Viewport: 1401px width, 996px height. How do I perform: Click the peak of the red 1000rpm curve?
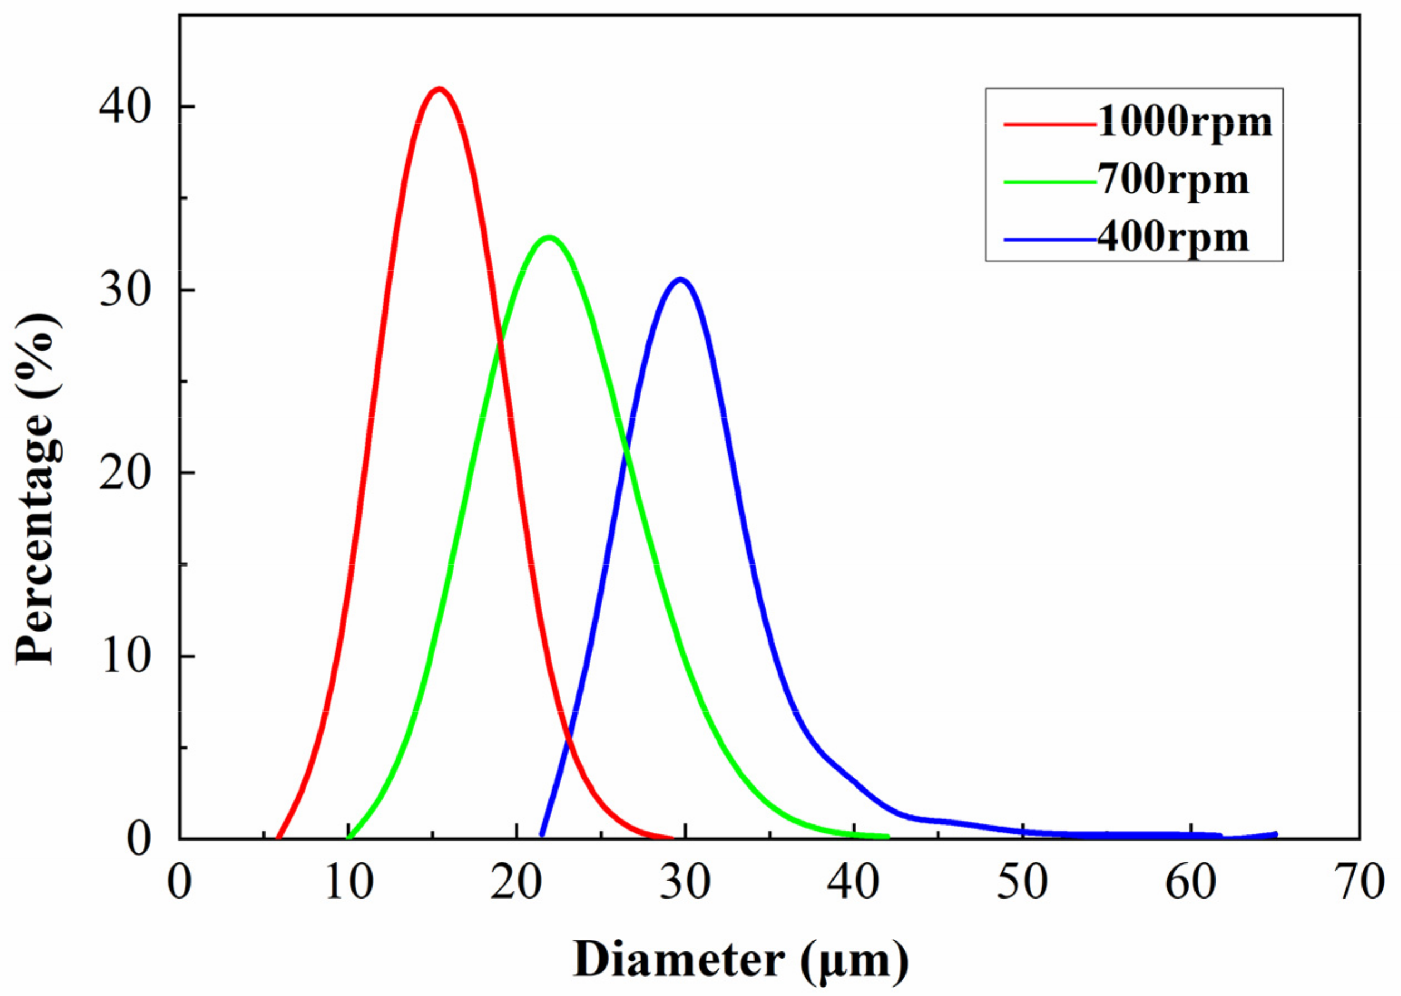tap(439, 90)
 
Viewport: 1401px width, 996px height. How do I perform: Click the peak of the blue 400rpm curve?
tap(680, 280)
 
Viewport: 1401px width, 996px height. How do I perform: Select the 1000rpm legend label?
tap(1184, 123)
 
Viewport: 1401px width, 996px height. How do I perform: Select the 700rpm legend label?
tap(1172, 180)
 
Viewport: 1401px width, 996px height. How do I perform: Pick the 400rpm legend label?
tap(1172, 238)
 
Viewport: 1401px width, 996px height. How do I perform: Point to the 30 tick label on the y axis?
tap(125, 290)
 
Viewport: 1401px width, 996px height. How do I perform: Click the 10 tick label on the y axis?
tap(125, 656)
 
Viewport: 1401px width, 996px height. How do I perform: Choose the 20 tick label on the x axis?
tap(516, 883)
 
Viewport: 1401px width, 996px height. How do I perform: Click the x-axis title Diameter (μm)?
tap(741, 960)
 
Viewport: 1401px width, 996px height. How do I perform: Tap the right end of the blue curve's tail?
tap(1275, 834)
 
